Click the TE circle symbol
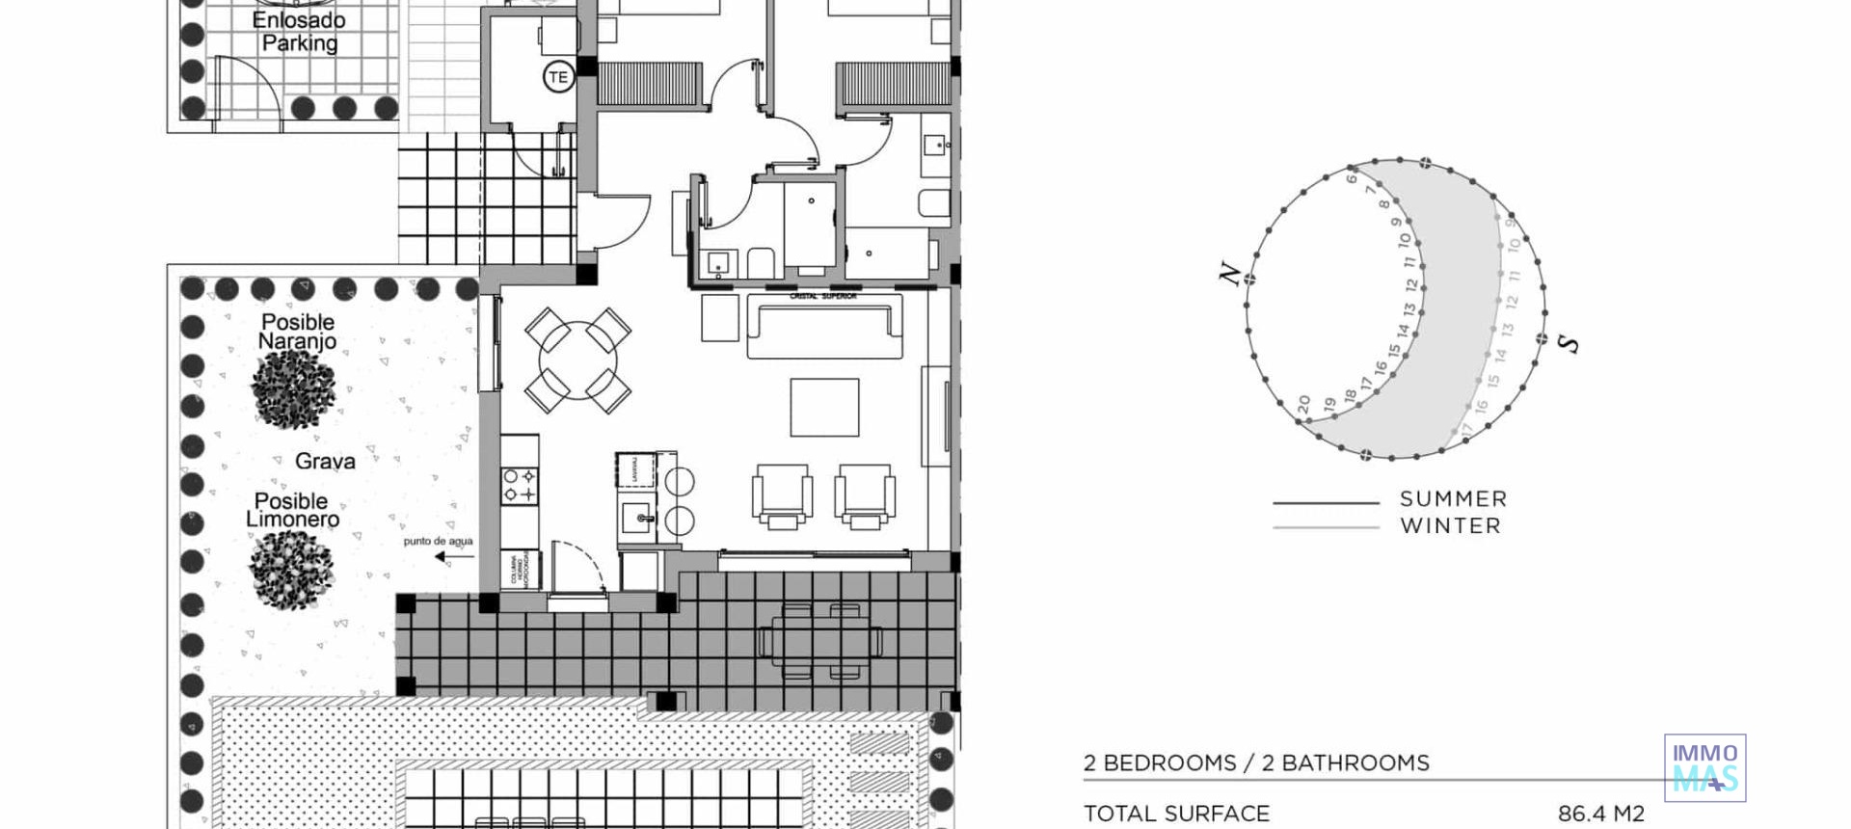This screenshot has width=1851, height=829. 558,77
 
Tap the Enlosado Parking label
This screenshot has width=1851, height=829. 299,32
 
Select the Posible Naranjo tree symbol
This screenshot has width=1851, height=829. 293,388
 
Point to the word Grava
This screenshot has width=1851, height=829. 325,462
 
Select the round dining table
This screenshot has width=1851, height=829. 577,361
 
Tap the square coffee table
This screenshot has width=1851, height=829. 824,407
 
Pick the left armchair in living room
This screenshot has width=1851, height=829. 782,495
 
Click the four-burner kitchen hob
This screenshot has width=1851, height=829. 520,485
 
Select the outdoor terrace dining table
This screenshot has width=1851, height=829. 819,640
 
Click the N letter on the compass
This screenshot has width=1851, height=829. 1229,274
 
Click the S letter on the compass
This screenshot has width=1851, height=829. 1569,343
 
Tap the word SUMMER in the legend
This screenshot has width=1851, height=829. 1453,499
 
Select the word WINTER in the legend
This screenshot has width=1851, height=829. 1451,526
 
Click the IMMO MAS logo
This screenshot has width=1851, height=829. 1704,767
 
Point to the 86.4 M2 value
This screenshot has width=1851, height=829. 1600,814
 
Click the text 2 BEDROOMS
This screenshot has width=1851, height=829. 1160,763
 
